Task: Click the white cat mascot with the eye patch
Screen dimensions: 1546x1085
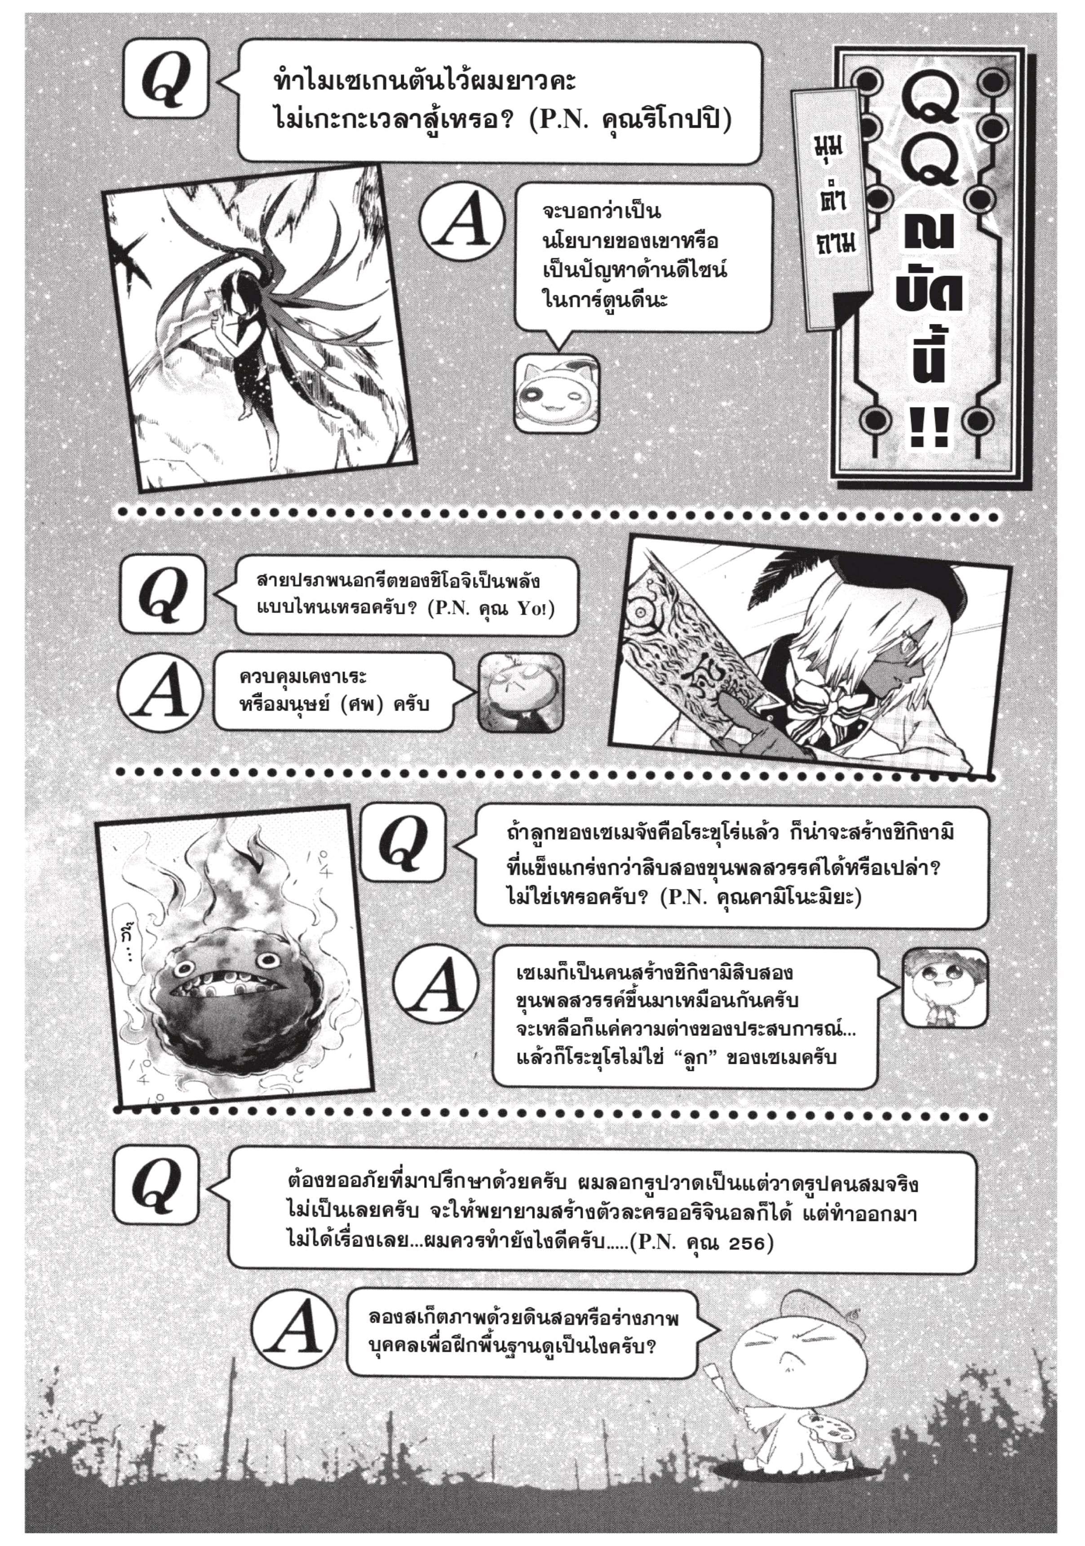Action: pos(556,393)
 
